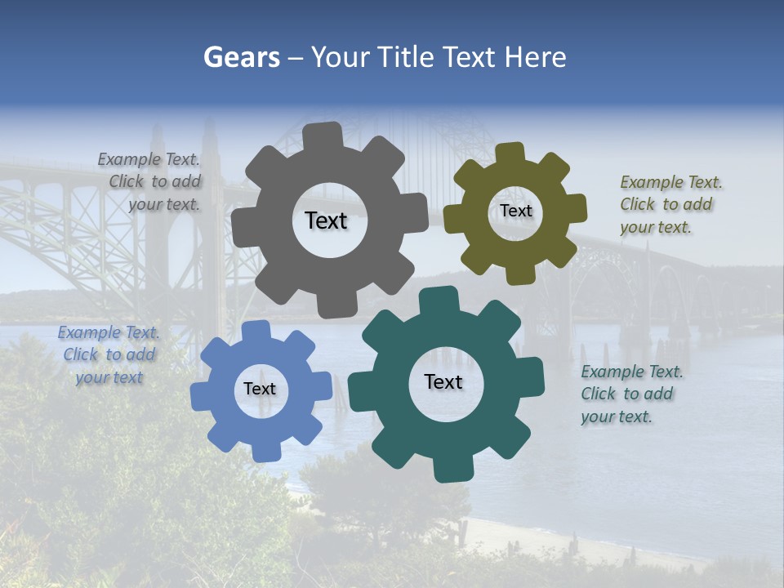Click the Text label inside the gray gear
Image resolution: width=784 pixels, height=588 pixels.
pyautogui.click(x=326, y=220)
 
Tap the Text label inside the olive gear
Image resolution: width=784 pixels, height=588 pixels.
pyautogui.click(x=515, y=211)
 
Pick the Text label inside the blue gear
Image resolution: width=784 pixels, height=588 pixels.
pyautogui.click(x=260, y=389)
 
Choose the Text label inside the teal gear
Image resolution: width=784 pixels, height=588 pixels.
pyautogui.click(x=443, y=381)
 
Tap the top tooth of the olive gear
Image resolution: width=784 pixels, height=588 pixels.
pyautogui.click(x=510, y=154)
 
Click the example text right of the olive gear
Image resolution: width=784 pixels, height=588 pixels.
pyautogui.click(x=670, y=204)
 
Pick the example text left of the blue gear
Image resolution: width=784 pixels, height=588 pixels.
pyautogui.click(x=109, y=354)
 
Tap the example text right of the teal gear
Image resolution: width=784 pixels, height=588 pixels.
pyautogui.click(x=631, y=394)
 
